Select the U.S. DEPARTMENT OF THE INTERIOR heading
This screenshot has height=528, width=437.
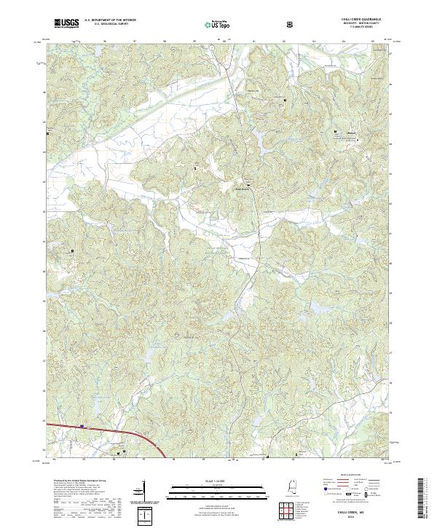coord(110,20)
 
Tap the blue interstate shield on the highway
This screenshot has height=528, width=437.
coord(82,427)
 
